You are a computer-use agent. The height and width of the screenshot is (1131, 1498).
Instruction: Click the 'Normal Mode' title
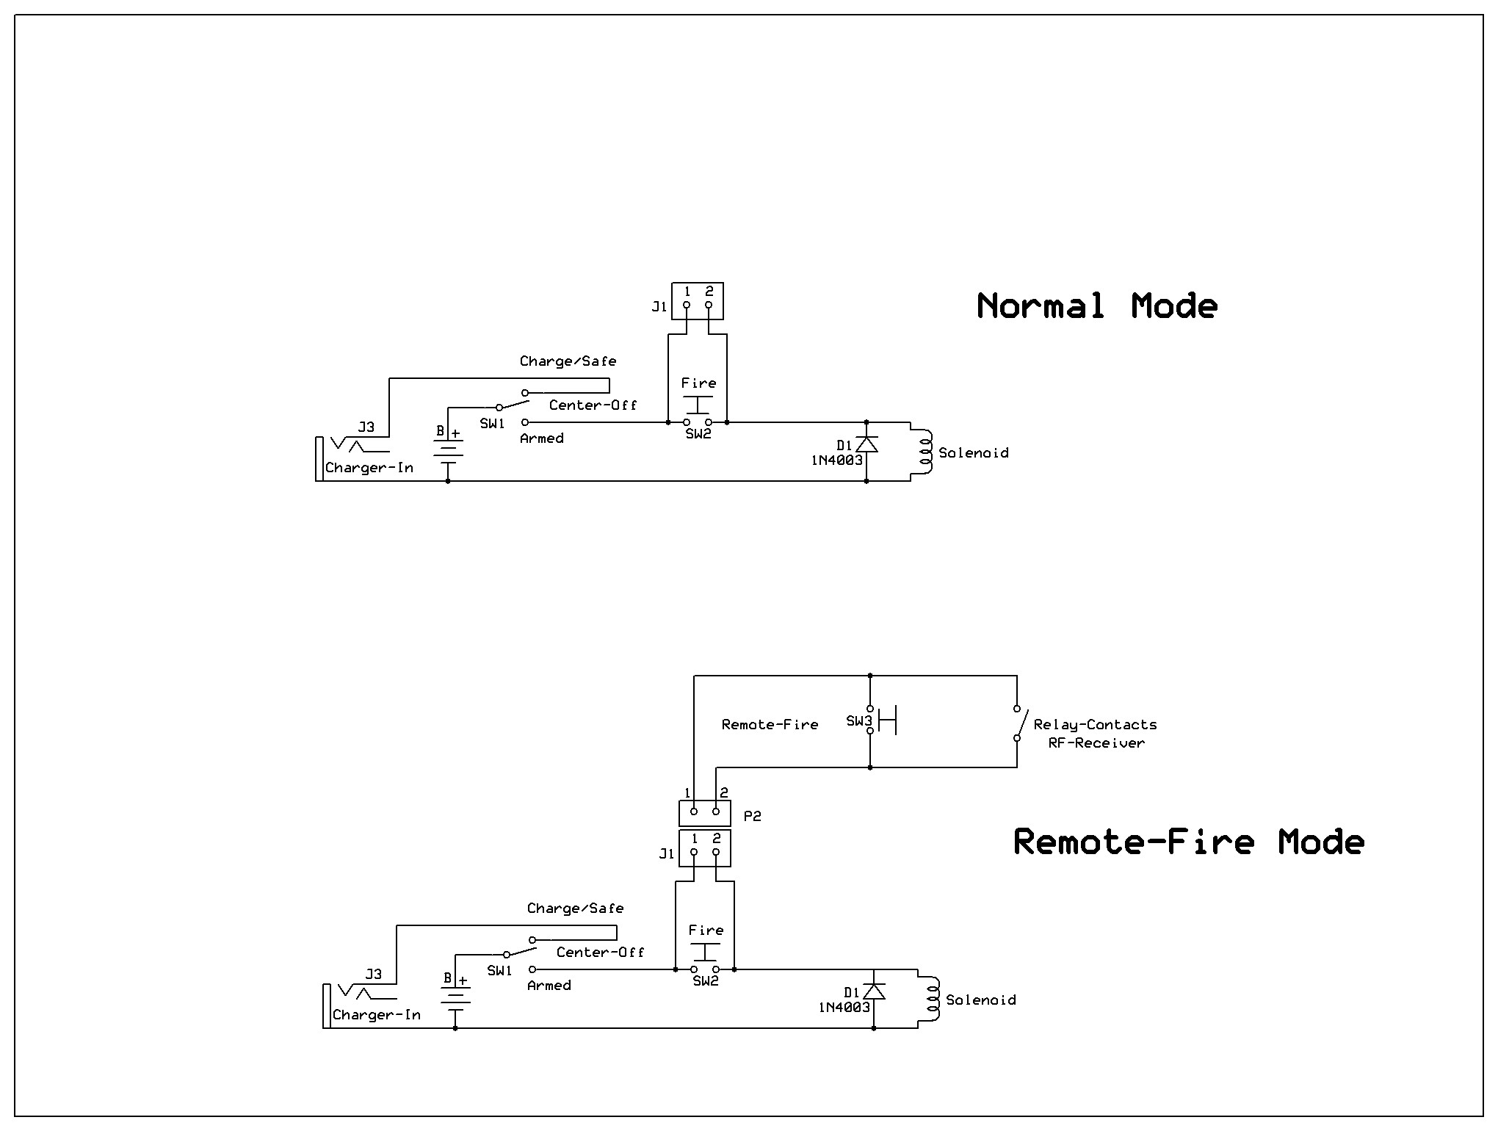tap(1097, 306)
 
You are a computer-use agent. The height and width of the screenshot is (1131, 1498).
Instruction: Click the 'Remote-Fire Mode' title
tap(1188, 842)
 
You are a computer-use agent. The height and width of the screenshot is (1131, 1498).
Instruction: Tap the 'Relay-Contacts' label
tap(1095, 725)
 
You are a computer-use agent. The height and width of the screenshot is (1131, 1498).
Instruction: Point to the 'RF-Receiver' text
tap(1096, 743)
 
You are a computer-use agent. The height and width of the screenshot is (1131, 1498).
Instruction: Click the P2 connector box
tap(705, 813)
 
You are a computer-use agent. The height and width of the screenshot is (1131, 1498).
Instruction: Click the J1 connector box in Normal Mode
tap(698, 301)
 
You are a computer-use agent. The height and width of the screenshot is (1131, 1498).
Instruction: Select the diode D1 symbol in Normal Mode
tap(866, 444)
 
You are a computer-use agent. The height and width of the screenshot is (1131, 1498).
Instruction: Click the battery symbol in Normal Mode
tap(448, 450)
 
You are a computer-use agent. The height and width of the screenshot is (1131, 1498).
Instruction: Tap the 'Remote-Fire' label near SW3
tap(770, 725)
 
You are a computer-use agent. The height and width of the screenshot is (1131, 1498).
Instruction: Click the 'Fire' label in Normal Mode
tap(698, 383)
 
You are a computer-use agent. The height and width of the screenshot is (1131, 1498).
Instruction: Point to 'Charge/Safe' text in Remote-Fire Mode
tap(575, 908)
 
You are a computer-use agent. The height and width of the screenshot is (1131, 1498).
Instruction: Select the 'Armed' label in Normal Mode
tap(542, 438)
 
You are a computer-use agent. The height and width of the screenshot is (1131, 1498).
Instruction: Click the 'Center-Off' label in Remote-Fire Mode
tap(600, 953)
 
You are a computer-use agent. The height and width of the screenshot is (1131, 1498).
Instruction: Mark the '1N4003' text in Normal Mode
tap(836, 460)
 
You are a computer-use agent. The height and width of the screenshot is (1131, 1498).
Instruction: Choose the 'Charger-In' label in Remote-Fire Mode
tap(377, 1015)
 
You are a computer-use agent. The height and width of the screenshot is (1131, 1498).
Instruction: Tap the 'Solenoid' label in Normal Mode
tap(974, 453)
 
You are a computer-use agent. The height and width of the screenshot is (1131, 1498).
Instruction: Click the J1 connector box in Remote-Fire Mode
tap(705, 848)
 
